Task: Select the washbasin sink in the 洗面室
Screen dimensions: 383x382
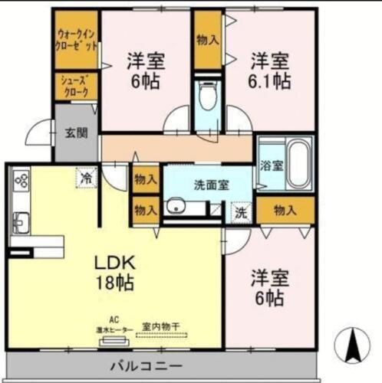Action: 178,206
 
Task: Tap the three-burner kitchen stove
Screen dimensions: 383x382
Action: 20,182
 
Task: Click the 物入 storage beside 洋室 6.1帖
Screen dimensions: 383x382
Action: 207,40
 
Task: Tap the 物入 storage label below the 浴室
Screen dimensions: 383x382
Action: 285,208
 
